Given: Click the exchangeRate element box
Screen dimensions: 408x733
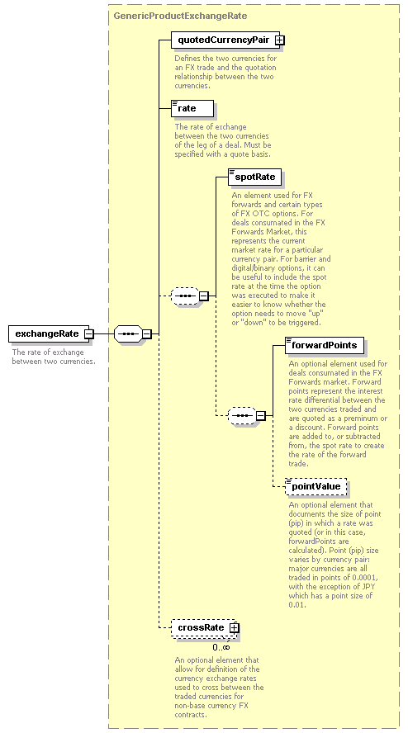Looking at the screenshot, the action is click(x=51, y=333).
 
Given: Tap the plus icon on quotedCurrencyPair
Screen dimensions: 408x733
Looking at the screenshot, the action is click(x=279, y=40).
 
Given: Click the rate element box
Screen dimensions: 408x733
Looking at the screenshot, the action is click(x=192, y=108).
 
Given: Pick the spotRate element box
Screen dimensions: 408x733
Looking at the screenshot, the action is click(x=255, y=177).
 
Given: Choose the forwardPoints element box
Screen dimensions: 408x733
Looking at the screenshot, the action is click(x=325, y=346).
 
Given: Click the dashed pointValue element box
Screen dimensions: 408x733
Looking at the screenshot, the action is click(x=316, y=487).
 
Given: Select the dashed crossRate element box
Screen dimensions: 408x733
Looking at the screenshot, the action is click(x=204, y=628).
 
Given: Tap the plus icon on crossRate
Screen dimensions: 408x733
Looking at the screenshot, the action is click(x=234, y=628).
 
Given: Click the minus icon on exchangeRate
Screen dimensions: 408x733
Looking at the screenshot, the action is click(x=89, y=333).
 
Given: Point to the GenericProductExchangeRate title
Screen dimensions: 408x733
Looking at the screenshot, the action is click(x=181, y=16).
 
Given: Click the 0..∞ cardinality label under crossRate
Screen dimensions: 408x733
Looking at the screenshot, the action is click(x=221, y=647).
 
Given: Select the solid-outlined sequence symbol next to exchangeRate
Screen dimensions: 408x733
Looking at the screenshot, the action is click(x=128, y=333).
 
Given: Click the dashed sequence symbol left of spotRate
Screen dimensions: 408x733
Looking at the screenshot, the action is click(x=185, y=296).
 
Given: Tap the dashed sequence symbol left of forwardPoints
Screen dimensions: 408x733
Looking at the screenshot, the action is click(x=242, y=415).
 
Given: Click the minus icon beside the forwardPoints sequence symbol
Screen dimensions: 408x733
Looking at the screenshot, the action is click(x=261, y=415).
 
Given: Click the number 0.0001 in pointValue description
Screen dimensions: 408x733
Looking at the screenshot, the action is click(x=367, y=578).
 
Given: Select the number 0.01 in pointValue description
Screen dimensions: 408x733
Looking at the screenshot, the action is click(x=297, y=605).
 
